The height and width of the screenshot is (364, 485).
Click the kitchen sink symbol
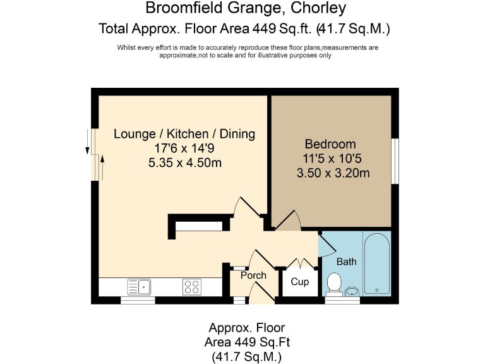[138, 287]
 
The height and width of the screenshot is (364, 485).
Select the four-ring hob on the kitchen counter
[192, 287]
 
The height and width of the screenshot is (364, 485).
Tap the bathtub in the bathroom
[377, 264]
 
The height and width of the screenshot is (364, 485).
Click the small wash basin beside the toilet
[352, 291]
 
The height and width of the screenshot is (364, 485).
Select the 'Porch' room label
[254, 276]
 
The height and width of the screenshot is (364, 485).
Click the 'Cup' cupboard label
[299, 281]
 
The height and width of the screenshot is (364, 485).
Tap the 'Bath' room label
[346, 262]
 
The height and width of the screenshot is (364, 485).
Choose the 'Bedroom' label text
[330, 144]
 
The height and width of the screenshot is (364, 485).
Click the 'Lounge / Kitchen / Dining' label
[184, 134]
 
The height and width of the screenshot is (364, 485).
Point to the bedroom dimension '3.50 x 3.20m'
[333, 173]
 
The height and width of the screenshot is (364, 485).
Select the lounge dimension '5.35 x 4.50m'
[184, 162]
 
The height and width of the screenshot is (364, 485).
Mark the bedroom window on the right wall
[395, 161]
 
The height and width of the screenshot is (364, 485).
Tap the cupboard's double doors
[299, 263]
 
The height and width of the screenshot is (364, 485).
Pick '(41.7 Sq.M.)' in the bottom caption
[247, 356]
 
